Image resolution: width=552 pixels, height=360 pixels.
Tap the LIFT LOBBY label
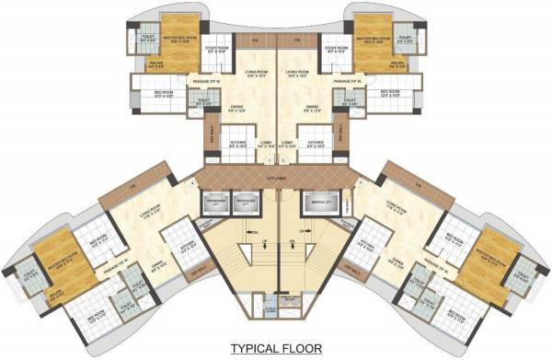click(x=275, y=177)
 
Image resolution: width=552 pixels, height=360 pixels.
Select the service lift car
click(x=318, y=203)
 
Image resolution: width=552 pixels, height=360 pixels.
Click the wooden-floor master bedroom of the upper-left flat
click(x=175, y=41)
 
